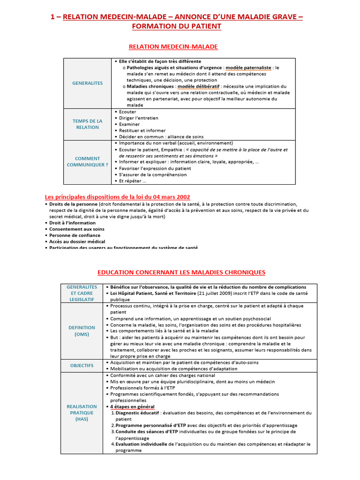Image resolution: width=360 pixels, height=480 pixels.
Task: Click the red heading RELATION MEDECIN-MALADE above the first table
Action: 173,46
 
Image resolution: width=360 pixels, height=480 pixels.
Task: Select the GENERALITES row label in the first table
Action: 87,83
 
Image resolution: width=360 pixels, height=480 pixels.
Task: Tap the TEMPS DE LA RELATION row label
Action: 87,124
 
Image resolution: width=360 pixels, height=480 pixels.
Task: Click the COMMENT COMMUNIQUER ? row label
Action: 87,162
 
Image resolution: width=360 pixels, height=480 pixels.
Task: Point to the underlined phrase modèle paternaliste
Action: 252,67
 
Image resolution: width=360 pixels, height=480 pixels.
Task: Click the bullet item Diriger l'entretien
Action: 138,118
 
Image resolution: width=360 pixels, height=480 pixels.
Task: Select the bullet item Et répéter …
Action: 132,181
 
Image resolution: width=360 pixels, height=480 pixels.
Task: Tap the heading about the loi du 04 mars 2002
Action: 117,196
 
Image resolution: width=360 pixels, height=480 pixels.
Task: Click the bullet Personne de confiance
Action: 75,235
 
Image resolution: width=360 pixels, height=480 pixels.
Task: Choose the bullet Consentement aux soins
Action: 77,229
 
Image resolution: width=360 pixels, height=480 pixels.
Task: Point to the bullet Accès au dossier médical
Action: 77,241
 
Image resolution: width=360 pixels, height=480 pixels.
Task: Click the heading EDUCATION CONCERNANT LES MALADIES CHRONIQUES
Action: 181,272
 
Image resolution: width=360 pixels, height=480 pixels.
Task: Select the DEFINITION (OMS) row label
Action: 82,331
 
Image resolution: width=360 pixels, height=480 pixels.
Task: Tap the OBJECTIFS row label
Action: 82,365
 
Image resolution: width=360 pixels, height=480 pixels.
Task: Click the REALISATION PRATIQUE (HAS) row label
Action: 82,412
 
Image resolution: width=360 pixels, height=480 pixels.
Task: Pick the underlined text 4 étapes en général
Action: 132,407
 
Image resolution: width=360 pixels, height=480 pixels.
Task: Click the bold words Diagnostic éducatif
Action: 138,413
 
